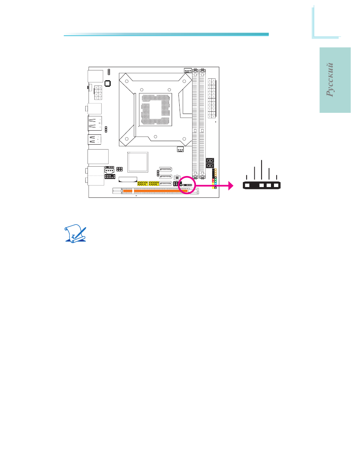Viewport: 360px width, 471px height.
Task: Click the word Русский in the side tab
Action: pos(331,80)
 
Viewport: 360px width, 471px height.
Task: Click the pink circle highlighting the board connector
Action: pos(186,185)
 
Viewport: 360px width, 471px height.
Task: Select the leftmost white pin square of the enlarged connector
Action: pos(247,186)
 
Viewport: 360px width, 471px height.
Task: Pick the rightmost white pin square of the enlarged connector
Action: pos(276,186)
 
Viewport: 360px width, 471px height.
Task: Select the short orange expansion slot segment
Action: pos(128,190)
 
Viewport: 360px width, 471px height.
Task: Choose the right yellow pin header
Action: pos(154,184)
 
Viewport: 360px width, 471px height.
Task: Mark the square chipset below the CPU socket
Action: pos(138,162)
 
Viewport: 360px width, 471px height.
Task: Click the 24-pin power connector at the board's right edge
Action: pos(212,98)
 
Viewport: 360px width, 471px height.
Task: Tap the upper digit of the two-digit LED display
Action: pos(210,161)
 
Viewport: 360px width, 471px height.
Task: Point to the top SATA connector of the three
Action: pos(165,169)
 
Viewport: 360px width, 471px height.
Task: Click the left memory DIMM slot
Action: pos(195,123)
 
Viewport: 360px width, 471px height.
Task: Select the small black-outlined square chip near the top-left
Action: pos(108,83)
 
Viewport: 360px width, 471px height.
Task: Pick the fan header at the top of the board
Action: pos(188,70)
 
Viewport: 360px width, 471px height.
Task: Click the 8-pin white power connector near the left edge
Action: pos(98,92)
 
